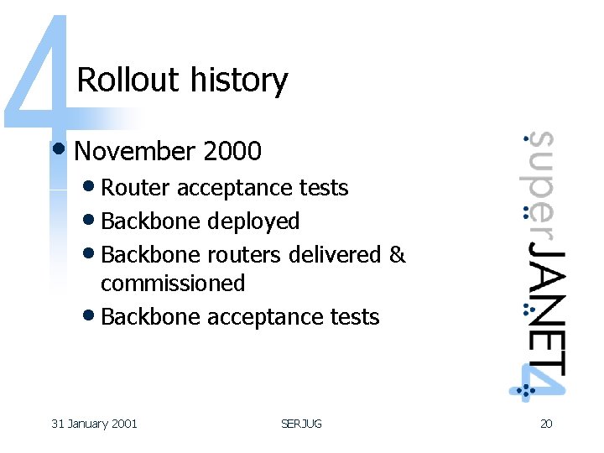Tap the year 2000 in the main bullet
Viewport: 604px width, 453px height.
(x=232, y=152)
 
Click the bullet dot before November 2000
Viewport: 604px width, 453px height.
(x=59, y=150)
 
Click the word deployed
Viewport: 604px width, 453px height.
(x=253, y=221)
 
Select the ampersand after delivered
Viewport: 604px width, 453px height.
(x=398, y=254)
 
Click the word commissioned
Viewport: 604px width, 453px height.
(x=173, y=284)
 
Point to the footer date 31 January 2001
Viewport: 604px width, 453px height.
(x=94, y=424)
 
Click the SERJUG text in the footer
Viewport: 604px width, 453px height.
(x=301, y=424)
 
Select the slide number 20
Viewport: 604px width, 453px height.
(x=545, y=424)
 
